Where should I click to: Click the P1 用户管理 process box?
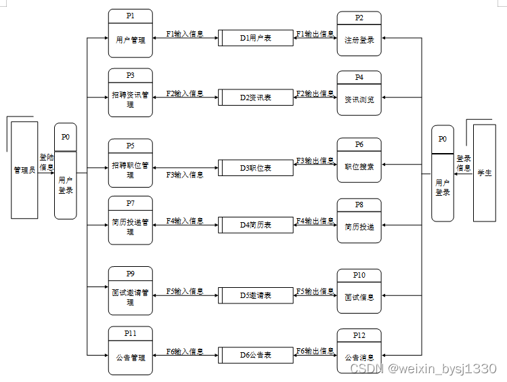point(130,34)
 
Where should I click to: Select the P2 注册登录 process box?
point(359,34)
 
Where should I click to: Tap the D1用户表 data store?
point(256,38)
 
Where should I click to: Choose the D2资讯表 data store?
point(256,98)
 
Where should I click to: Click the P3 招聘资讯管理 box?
point(130,93)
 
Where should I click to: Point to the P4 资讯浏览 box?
point(359,93)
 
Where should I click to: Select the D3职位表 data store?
point(256,167)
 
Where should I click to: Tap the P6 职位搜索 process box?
point(359,161)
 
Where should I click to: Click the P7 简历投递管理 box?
point(130,221)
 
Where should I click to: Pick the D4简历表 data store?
point(256,225)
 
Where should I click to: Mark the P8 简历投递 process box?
point(359,221)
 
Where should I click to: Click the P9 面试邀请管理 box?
point(130,291)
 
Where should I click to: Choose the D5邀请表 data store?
point(256,295)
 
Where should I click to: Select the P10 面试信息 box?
point(359,291)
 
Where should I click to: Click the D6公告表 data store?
point(256,355)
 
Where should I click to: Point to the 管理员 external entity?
point(24,170)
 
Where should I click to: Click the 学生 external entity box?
point(484,173)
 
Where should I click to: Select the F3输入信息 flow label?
point(185,175)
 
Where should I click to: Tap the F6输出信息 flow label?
point(315,351)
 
